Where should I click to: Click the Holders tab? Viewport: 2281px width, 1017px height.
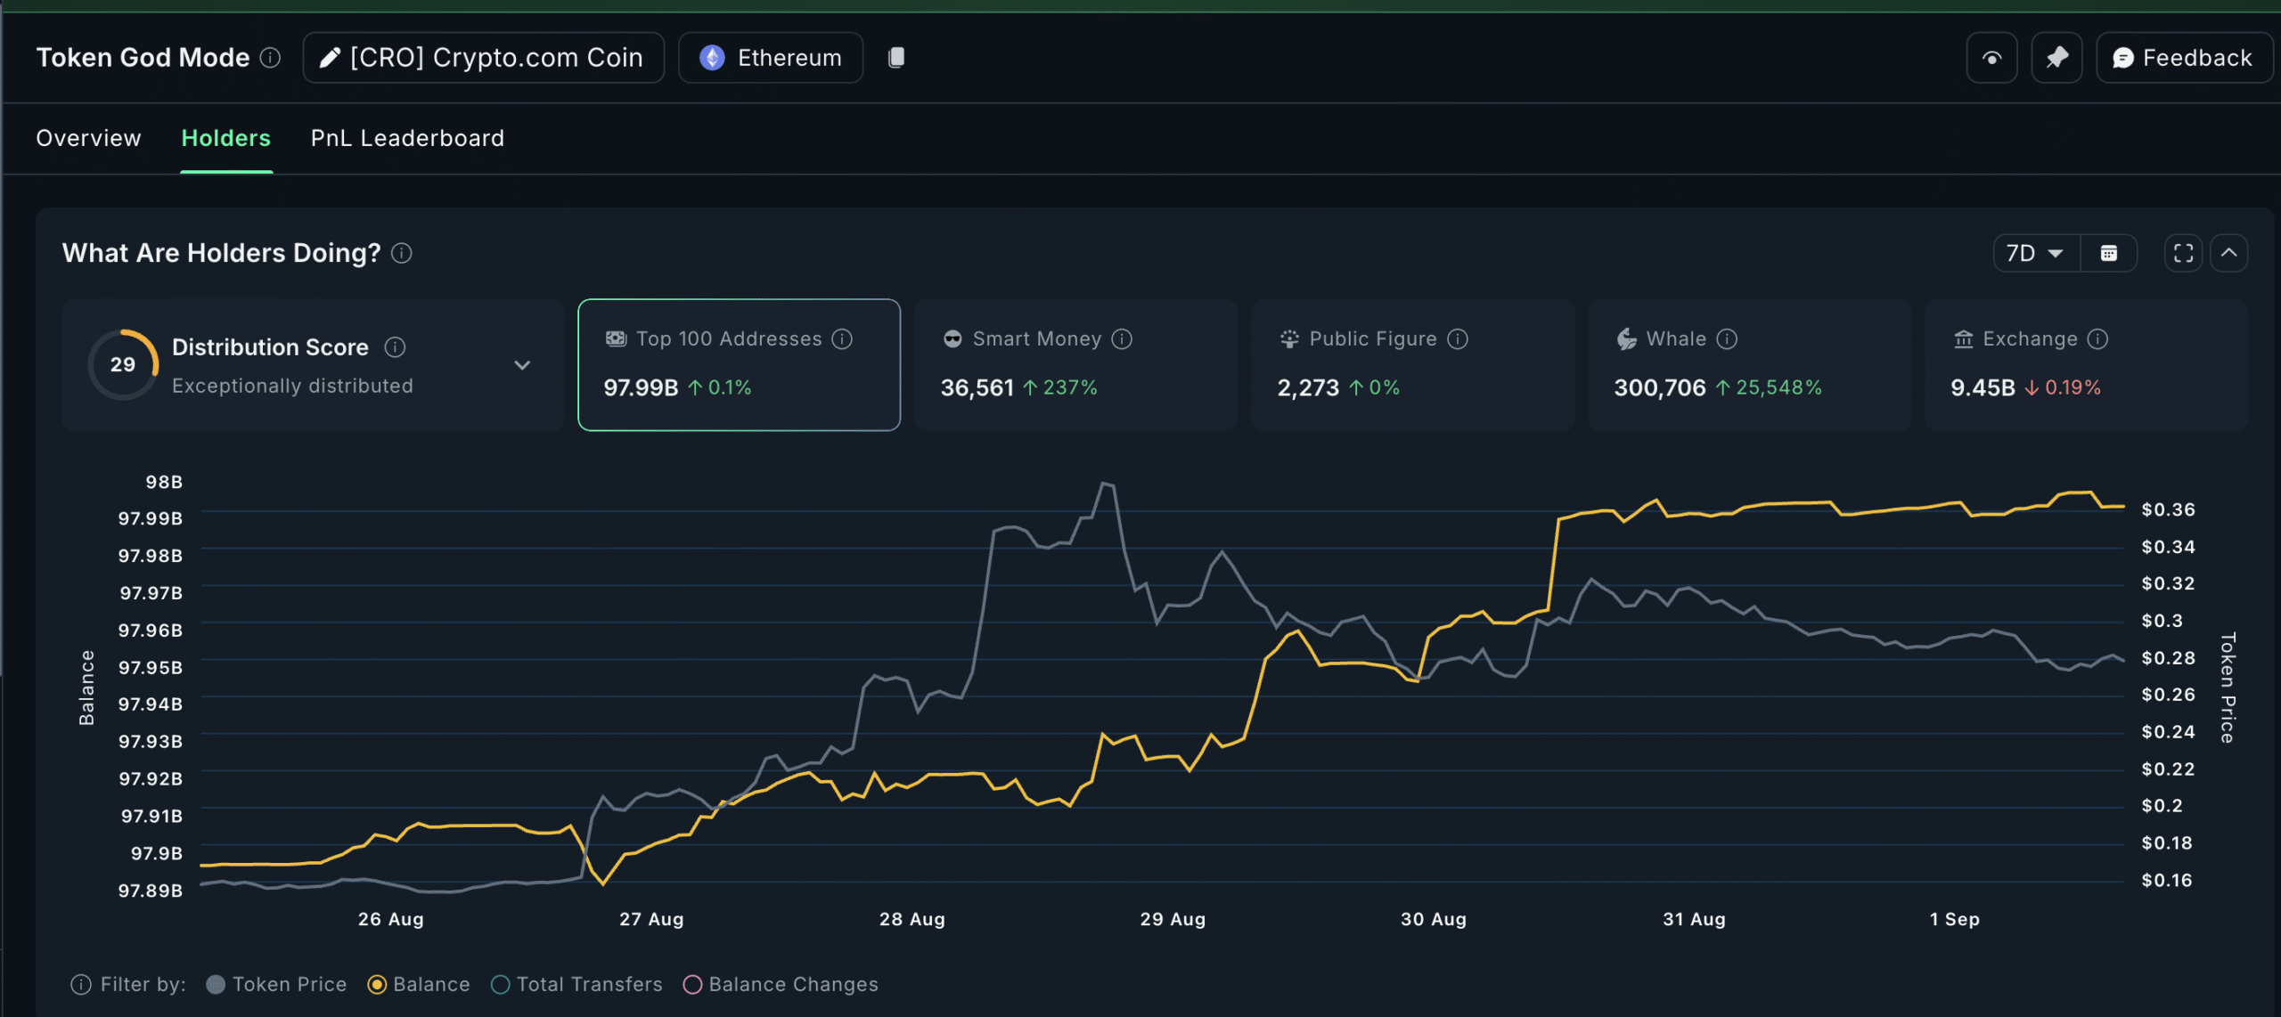pos(225,138)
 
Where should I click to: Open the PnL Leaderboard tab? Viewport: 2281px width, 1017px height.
pos(407,138)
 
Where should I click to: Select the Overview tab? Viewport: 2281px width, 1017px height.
pos(88,138)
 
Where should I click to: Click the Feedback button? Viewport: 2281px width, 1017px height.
pos(2183,58)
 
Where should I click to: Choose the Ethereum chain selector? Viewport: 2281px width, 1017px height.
pos(771,58)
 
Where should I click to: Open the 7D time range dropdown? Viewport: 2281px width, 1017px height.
pos(2035,254)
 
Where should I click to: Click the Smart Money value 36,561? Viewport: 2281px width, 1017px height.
pos(977,388)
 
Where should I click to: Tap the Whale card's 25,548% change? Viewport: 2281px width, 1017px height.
pos(1778,388)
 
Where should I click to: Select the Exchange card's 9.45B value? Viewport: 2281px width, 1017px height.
pos(1983,388)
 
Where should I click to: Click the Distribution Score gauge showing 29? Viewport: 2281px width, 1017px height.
pos(123,365)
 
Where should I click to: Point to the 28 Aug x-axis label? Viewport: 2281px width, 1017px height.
pos(912,919)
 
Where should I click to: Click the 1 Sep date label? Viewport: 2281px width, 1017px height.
pos(1954,919)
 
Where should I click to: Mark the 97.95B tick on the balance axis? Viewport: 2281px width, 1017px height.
pos(151,668)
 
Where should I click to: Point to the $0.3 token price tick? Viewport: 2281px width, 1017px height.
pos(2162,621)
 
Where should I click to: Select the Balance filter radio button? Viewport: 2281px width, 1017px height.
pos(377,985)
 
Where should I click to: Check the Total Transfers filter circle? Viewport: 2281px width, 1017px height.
pos(501,985)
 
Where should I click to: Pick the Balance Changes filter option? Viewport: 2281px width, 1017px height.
pos(692,985)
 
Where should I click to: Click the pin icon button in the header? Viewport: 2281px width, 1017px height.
pos(2056,58)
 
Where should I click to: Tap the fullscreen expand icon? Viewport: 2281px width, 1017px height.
pos(2183,254)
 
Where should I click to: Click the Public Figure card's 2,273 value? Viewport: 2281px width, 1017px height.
pos(1307,388)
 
